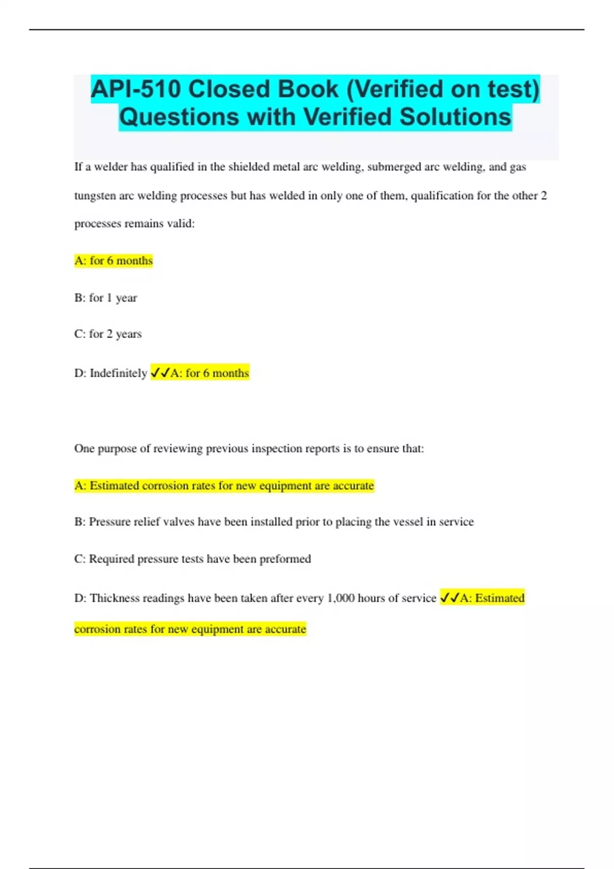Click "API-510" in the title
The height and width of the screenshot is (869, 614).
click(136, 89)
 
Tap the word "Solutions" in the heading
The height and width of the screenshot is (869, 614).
click(455, 117)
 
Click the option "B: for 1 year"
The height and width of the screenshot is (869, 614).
click(105, 298)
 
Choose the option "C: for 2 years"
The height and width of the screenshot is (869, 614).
click(107, 334)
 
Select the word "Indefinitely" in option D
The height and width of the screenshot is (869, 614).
click(118, 373)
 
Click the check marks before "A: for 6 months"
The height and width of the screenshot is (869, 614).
click(160, 373)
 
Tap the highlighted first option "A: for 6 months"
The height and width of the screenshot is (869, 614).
click(114, 261)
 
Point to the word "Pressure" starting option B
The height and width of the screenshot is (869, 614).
click(109, 522)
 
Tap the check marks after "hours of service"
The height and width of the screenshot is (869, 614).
click(449, 598)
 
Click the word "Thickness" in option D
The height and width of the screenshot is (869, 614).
click(115, 598)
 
